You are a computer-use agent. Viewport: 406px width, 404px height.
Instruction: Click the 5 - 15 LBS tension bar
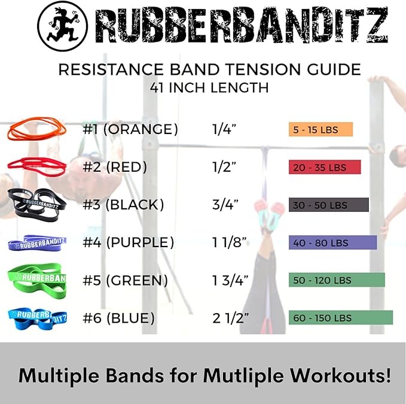point(320,129)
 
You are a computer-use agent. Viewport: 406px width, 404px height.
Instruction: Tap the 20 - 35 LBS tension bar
point(325,167)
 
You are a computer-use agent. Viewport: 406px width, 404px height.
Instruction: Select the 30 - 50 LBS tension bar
point(328,205)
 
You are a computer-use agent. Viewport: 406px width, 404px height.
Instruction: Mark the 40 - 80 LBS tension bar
point(332,242)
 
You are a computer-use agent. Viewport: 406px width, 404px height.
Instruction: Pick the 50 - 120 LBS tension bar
point(337,280)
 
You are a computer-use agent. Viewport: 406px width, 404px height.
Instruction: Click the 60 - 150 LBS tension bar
point(340,318)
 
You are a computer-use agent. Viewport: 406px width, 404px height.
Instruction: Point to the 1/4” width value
point(224,129)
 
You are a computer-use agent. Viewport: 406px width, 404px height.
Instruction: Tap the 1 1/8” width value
point(230,242)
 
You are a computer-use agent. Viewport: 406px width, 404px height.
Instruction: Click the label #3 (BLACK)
point(123,205)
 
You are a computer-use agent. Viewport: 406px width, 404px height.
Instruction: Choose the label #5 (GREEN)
point(125,280)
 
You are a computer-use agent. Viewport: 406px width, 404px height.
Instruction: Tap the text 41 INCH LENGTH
point(209,88)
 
